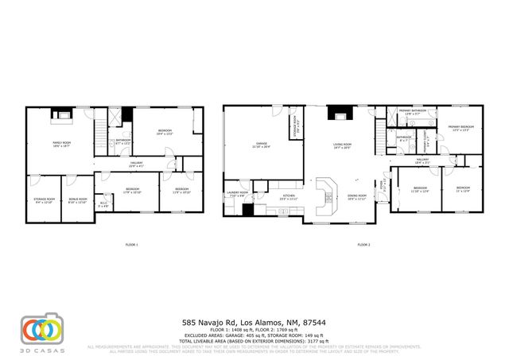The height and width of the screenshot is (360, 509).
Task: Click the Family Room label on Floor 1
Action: click(x=62, y=144)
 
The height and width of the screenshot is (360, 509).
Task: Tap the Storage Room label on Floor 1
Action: click(x=44, y=200)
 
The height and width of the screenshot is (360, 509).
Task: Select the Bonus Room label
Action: click(x=77, y=200)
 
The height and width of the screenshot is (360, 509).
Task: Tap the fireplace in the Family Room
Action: click(x=61, y=115)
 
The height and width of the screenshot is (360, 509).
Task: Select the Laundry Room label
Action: click(x=237, y=194)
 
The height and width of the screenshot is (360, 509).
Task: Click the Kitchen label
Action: click(x=290, y=197)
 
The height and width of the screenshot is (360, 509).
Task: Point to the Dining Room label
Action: click(x=356, y=196)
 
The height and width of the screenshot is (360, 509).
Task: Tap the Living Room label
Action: click(x=342, y=145)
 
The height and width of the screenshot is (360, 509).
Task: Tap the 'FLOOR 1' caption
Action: click(x=132, y=244)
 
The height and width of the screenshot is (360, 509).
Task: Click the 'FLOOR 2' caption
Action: click(x=365, y=244)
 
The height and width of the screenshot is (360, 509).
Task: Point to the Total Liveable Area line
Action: click(x=254, y=342)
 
